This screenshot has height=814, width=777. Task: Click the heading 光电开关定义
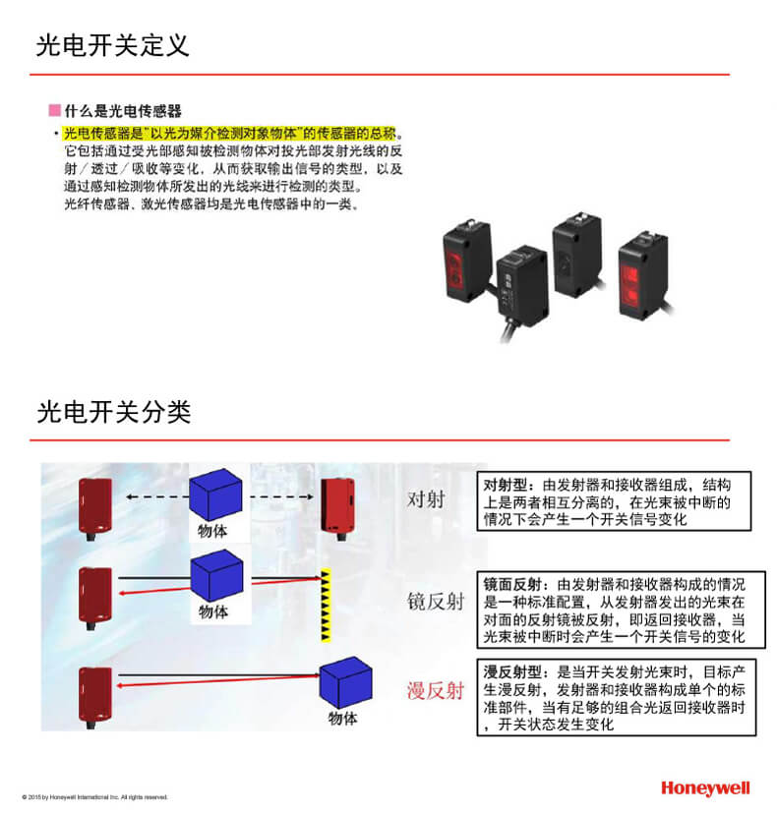point(112,45)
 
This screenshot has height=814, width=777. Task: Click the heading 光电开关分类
point(114,412)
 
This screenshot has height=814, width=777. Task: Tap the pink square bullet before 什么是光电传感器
point(54,110)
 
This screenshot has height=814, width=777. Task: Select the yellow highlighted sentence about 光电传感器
point(229,134)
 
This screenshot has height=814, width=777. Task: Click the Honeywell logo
point(705,788)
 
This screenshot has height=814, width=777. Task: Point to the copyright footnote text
point(95,797)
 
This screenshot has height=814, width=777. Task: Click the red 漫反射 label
point(436,690)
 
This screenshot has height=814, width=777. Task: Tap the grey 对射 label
point(426,499)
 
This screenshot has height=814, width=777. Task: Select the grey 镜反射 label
point(436,602)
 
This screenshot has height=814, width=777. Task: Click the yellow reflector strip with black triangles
point(326,606)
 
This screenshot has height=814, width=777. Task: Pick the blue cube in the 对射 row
point(215,494)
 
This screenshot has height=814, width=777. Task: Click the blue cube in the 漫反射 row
point(345,682)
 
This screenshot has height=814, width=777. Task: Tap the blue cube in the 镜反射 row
point(216,576)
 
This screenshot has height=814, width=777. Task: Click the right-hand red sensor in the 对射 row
point(338,508)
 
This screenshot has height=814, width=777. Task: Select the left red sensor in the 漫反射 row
point(95,697)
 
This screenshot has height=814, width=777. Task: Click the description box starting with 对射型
point(614,501)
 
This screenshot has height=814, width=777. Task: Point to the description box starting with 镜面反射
point(622,610)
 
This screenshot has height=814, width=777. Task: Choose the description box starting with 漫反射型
point(616,697)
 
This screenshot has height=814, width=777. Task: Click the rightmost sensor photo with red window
point(643,275)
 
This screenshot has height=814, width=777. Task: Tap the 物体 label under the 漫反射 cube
point(342,719)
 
